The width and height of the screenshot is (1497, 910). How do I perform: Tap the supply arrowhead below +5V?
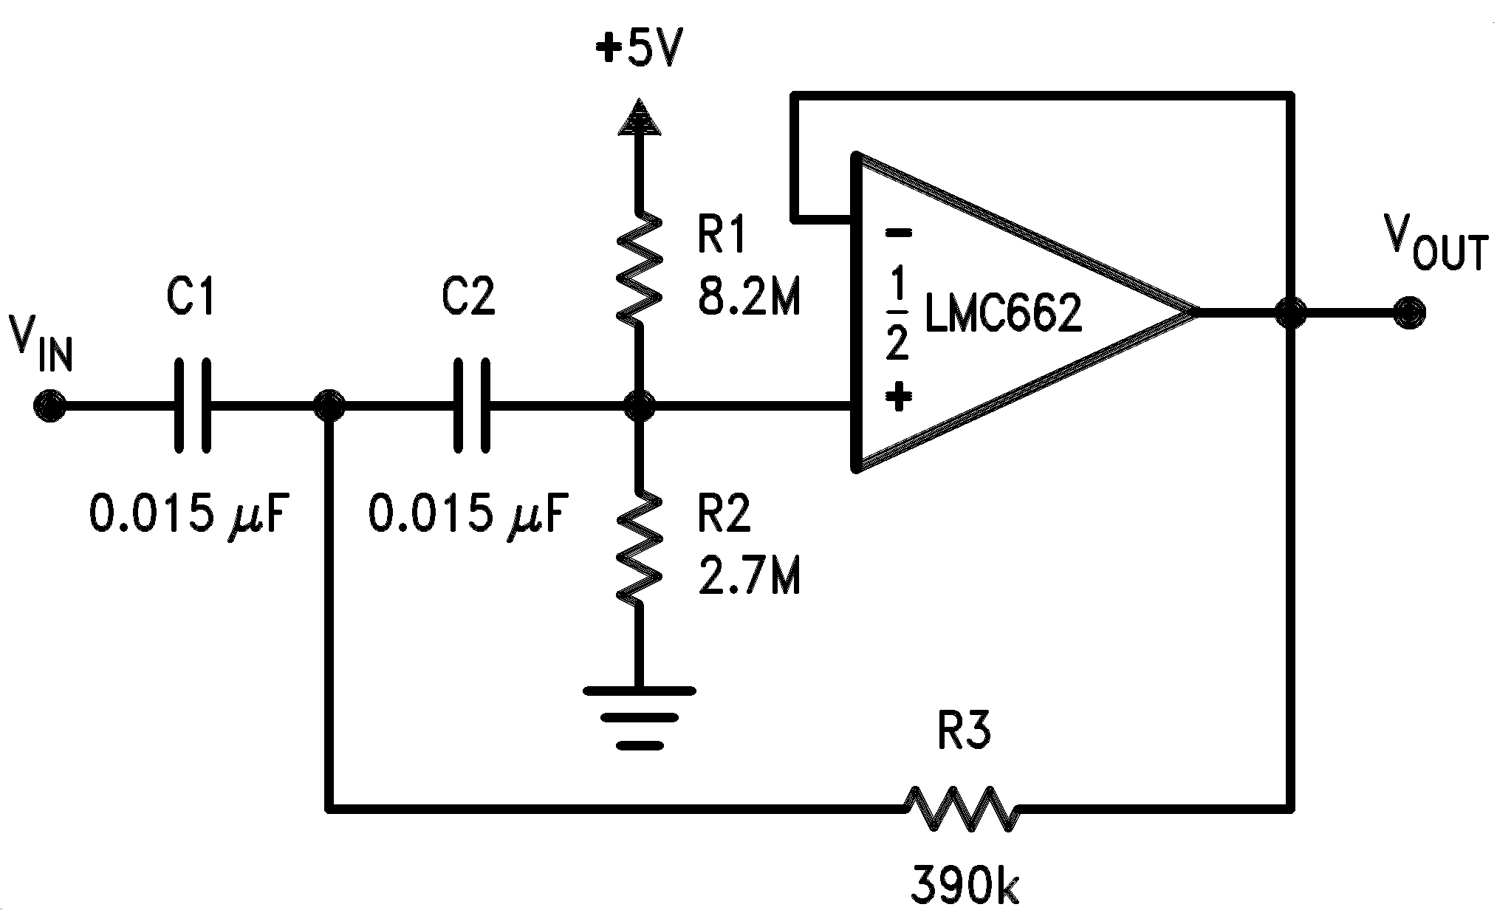click(639, 118)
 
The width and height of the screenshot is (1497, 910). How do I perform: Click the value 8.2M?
click(748, 298)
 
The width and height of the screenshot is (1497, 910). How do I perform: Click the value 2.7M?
click(748, 577)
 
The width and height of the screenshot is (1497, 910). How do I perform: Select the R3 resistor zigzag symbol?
click(963, 810)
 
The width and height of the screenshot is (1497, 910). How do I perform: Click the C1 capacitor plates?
click(193, 406)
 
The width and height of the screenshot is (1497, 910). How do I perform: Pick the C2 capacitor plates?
click(471, 406)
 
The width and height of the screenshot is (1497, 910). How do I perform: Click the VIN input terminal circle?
click(49, 406)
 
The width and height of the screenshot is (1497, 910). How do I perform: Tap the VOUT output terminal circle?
click(1408, 312)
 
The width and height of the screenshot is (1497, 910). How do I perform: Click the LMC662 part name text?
click(1003, 313)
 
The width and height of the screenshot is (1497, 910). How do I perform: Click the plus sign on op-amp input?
click(898, 397)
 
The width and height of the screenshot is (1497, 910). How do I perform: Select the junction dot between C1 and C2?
click(329, 406)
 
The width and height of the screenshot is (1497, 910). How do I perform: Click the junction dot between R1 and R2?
click(639, 406)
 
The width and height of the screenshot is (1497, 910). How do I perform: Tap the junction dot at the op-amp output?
click(1290, 312)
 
